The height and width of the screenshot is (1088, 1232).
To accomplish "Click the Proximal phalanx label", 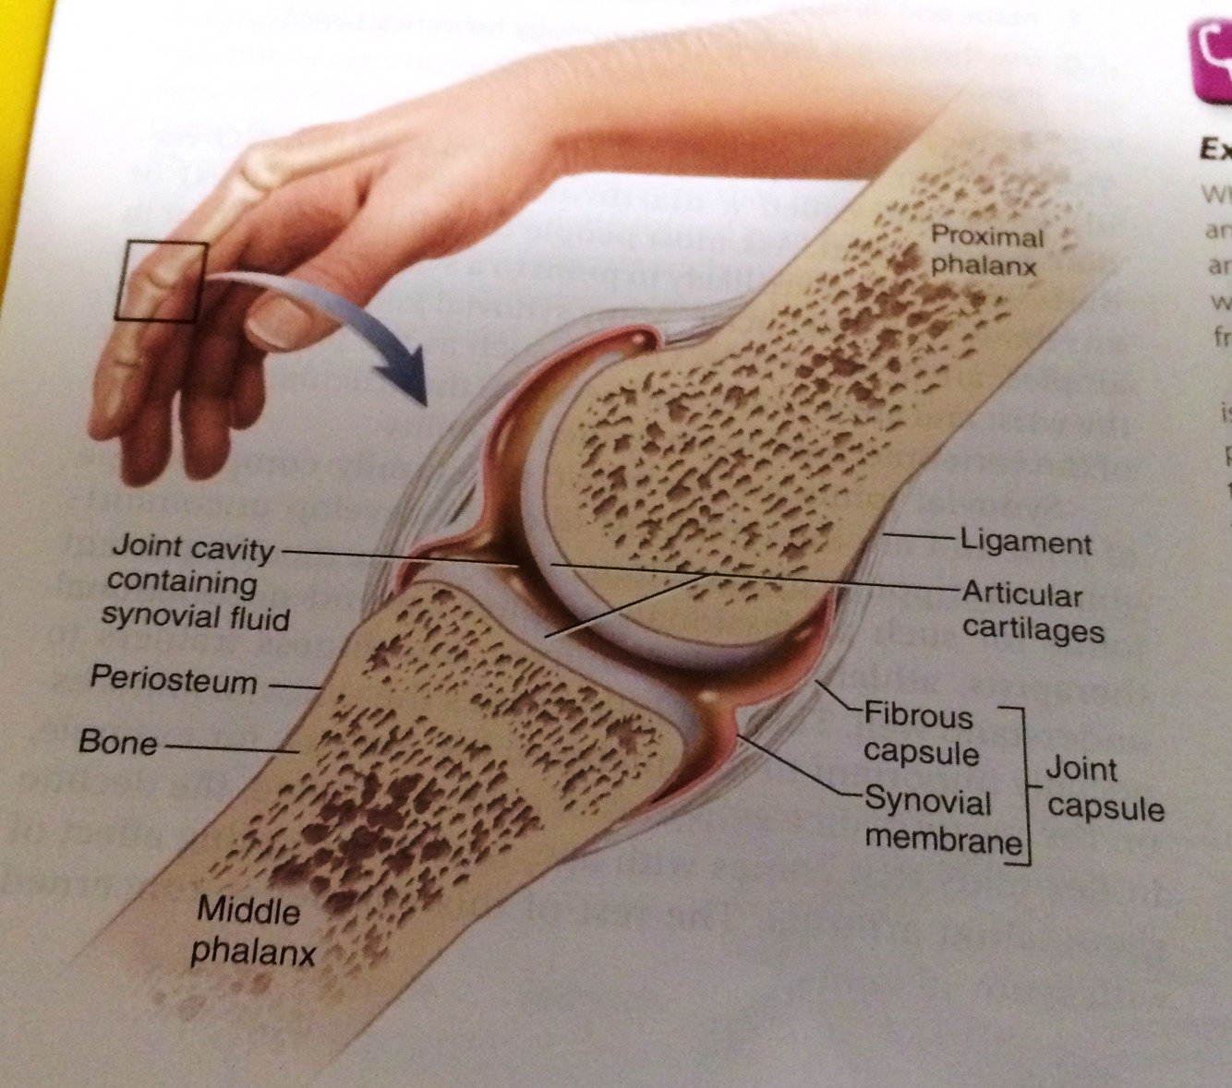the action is click(x=985, y=251).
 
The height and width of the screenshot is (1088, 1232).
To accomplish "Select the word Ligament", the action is click(x=1026, y=542).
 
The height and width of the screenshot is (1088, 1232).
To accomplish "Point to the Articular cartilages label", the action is click(x=1032, y=611).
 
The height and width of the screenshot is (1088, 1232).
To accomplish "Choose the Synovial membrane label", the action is click(x=942, y=820).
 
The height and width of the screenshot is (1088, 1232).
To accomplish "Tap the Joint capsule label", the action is click(x=1104, y=789).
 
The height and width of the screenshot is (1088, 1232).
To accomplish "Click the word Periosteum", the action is click(x=174, y=680).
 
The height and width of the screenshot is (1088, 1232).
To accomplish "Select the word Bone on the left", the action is click(x=118, y=742).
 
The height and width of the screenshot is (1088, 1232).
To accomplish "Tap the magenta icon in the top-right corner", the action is click(x=1212, y=60).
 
